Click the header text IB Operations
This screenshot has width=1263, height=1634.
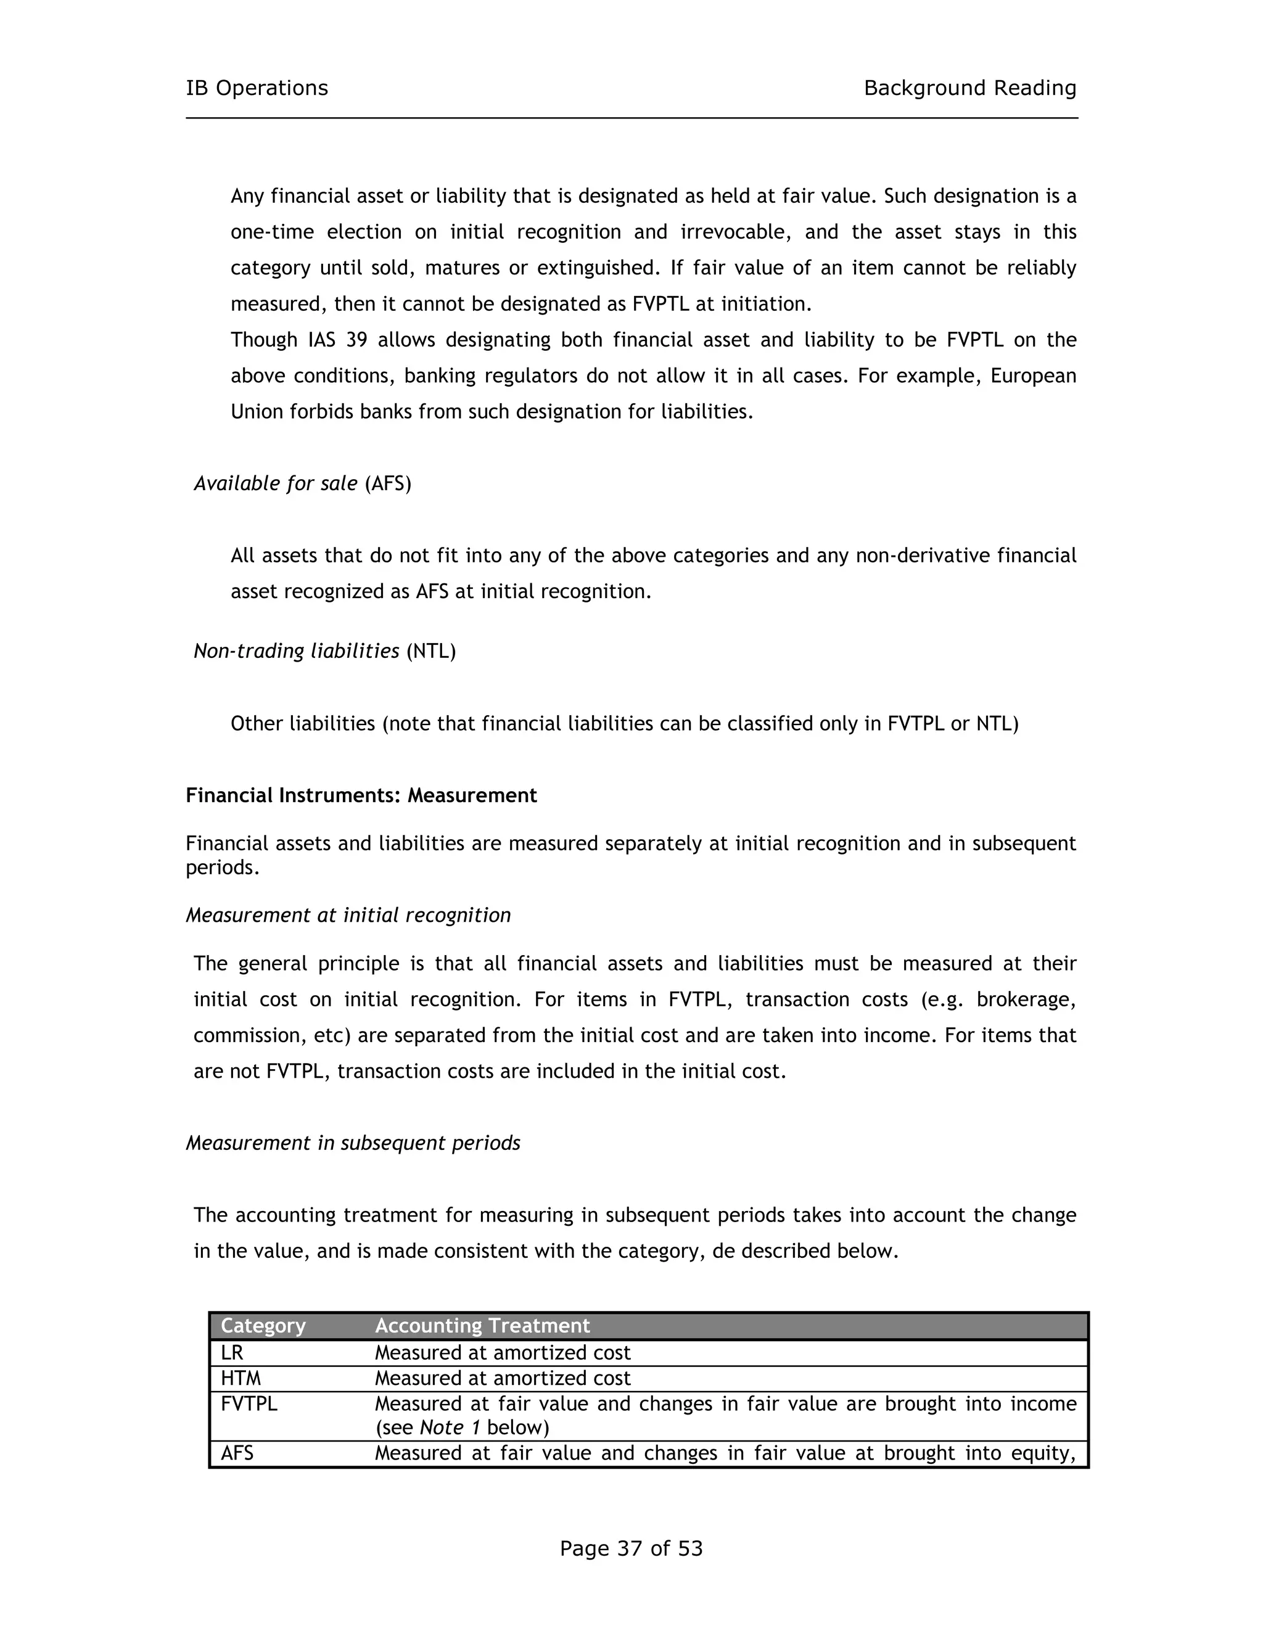pos(257,88)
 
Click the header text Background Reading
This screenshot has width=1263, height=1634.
pos(969,88)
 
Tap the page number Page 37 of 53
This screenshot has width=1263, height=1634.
pos(631,1548)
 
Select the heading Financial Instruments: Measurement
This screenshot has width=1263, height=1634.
pos(361,795)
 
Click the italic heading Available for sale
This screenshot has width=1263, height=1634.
pos(275,484)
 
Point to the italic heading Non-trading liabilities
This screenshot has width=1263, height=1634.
pos(296,652)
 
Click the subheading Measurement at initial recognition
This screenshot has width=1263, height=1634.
pos(348,916)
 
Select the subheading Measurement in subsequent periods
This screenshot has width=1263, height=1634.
pos(352,1143)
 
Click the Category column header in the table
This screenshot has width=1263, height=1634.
pos(263,1326)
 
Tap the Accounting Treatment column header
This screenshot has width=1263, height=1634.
pos(482,1326)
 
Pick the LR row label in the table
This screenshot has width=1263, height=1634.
pos(232,1353)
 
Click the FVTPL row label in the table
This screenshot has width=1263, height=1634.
pos(249,1404)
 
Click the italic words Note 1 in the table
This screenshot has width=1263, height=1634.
pos(449,1427)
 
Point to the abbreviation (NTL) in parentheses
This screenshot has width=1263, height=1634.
pos(431,652)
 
